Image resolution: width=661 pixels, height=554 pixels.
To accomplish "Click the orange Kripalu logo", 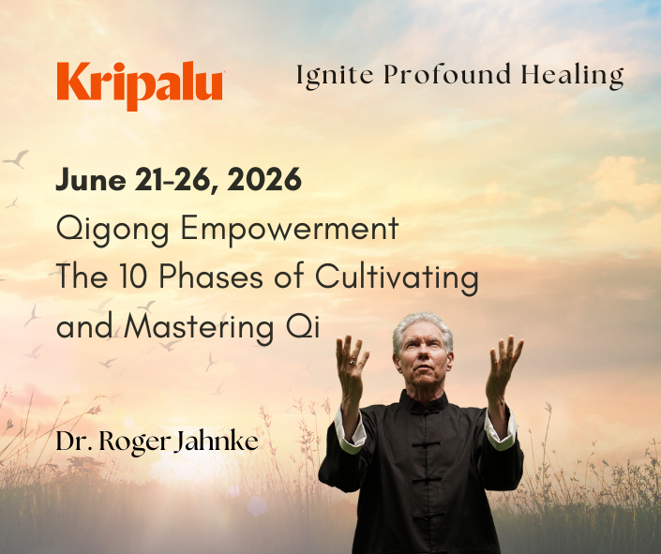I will point(139,83).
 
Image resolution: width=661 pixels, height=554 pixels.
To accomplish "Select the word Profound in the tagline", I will point(432,76).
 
